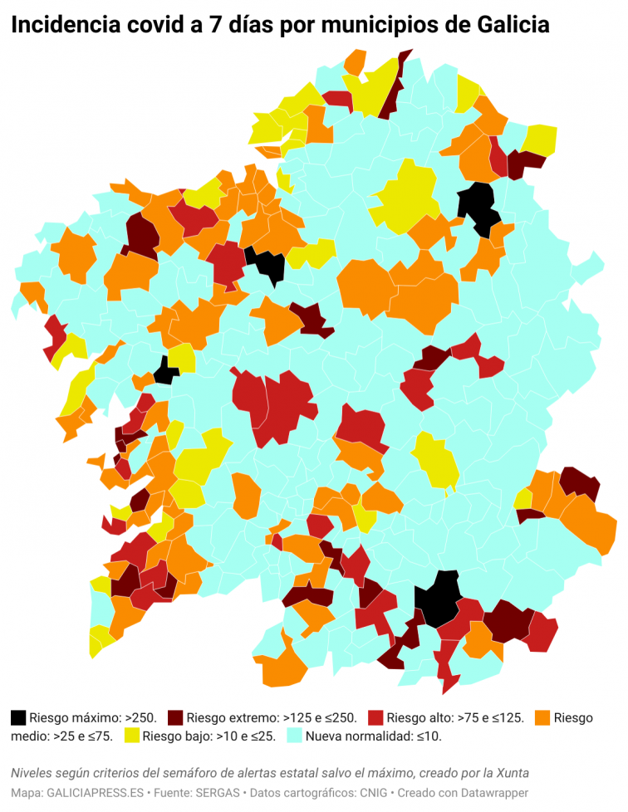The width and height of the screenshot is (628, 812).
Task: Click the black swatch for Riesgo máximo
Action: pos(19,717)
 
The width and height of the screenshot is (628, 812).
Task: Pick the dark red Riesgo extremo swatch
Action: pos(175,717)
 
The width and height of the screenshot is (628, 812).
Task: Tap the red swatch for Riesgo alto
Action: pos(375,717)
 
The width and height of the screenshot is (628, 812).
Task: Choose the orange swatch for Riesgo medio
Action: pos(543,717)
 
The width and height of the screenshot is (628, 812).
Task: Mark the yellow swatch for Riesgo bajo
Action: pos(132,736)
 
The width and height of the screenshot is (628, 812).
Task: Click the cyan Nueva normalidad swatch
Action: pos(295,736)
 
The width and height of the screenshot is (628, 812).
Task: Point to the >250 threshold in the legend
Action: pos(140,717)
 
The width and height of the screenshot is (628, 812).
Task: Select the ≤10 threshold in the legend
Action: pos(428,736)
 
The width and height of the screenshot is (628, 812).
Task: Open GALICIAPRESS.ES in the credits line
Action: pos(95,793)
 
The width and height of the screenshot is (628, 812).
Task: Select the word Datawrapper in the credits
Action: pos(490,793)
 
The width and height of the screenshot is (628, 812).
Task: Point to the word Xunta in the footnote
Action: pos(512,773)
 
